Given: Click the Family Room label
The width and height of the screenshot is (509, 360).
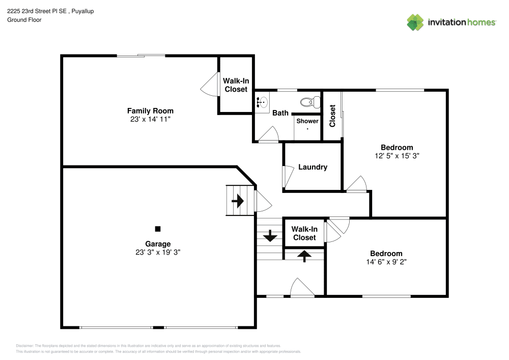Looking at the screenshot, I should (150, 110).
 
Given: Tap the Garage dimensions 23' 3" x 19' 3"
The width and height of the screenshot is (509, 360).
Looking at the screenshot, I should (158, 252).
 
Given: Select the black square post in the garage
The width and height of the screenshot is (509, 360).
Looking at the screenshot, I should (158, 229).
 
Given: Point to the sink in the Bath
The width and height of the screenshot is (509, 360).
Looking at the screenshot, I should (262, 102).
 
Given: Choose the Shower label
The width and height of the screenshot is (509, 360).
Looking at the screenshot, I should (307, 121).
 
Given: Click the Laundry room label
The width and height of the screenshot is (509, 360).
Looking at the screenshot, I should (313, 167).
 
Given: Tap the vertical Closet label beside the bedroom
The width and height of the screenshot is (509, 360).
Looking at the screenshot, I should (332, 116).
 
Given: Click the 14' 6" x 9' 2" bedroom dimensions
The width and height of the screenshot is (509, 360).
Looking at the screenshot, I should (386, 262).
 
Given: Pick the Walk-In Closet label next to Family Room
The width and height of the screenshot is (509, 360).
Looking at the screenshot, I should (236, 85).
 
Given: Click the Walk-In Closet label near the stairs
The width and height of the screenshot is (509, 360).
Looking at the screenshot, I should (304, 233).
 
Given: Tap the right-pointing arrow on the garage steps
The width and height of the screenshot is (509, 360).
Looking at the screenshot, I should (237, 201).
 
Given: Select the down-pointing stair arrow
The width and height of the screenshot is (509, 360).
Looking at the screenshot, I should (269, 236).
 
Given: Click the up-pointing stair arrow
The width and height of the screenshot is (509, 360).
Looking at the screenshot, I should (304, 256).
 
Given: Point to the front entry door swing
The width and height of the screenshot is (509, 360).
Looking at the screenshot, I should (302, 287).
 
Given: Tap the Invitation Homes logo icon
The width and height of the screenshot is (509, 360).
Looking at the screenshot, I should (415, 22).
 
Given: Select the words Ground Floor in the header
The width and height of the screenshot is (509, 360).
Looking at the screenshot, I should (24, 20).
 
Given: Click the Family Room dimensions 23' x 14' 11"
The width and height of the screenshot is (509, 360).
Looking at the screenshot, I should (150, 119).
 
